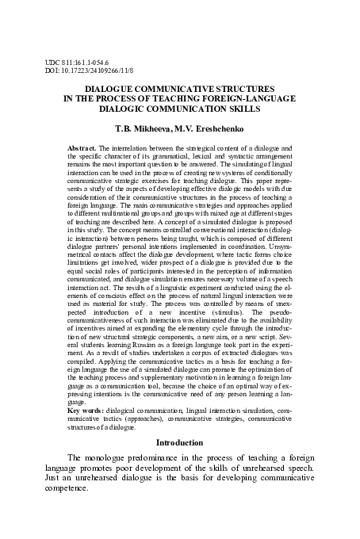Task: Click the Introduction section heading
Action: pos(180,442)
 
